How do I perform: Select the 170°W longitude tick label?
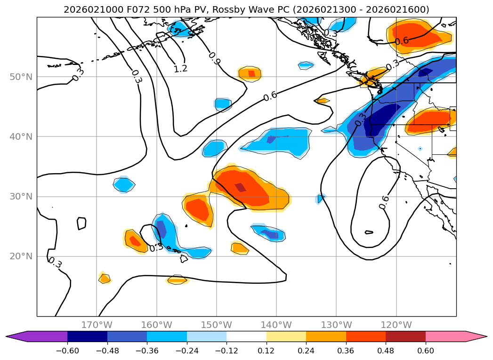pos(97,325)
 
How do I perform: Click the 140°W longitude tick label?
pos(276,325)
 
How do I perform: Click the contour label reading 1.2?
pos(180,69)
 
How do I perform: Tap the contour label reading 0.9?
pos(214,58)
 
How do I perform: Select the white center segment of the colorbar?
pos(246,336)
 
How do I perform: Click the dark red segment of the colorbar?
pos(405,336)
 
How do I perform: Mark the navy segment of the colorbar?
pos(87,336)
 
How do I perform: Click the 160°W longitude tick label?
pos(157,325)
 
